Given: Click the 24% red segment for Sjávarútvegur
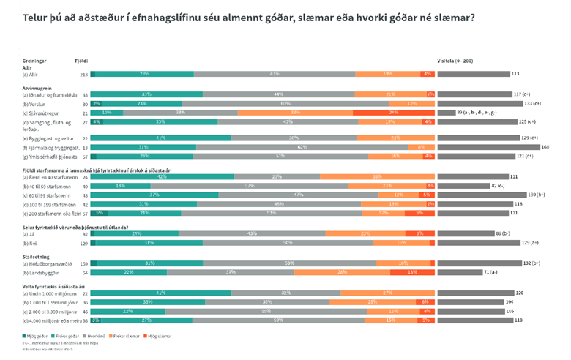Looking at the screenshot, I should pos(394,112).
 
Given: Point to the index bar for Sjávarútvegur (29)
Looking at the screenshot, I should pos(446,112).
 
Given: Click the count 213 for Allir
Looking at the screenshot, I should pos(84,74).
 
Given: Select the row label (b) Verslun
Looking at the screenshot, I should pos(34,103).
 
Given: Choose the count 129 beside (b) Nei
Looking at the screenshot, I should pos(83,242).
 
